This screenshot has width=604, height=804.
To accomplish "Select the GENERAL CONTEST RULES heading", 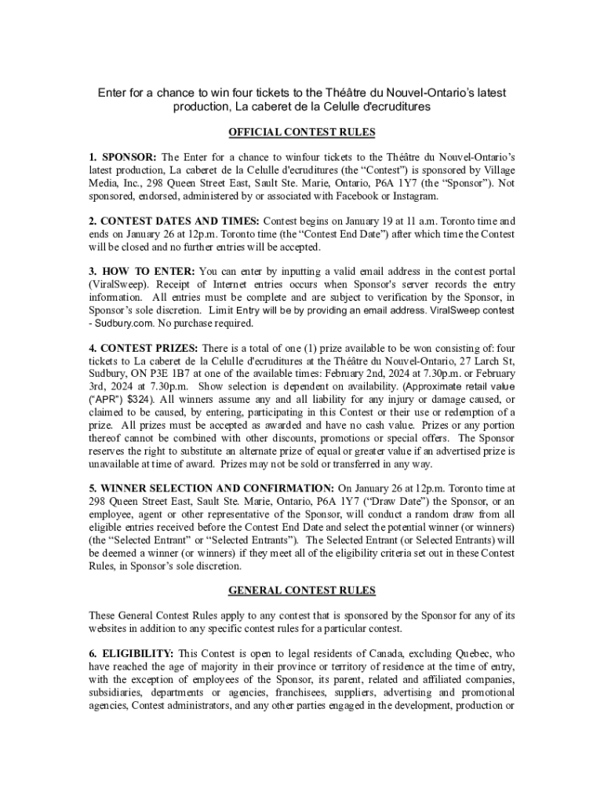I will point(301,590).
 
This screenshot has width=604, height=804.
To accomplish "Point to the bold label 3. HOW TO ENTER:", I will point(142,271).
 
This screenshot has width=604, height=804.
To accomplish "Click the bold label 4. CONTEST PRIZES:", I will point(144,348).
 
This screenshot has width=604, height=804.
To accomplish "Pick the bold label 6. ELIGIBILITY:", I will point(131,653).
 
